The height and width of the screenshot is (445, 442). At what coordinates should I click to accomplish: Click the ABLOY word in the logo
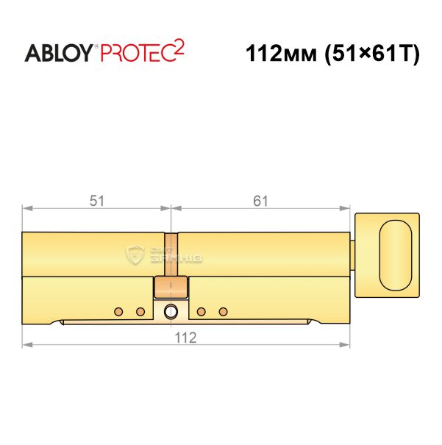pyautogui.click(x=59, y=53)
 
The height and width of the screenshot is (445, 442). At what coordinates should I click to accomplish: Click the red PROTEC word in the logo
pyautogui.click(x=138, y=53)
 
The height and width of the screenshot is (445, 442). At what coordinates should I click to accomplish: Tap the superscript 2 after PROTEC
pyautogui.click(x=179, y=47)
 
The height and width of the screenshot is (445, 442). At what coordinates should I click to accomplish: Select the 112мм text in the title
pyautogui.click(x=281, y=54)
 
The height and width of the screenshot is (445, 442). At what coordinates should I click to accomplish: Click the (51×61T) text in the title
pyautogui.click(x=372, y=54)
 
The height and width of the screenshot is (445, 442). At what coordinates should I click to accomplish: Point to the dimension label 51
pyautogui.click(x=97, y=202)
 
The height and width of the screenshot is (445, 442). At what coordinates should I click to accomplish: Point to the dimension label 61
pyautogui.click(x=260, y=202)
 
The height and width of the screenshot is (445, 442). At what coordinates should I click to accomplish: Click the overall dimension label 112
pyautogui.click(x=185, y=338)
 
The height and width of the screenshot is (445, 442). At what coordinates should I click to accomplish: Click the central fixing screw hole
pyautogui.click(x=171, y=311)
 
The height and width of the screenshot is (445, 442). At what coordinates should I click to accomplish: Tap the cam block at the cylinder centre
pyautogui.click(x=171, y=287)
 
